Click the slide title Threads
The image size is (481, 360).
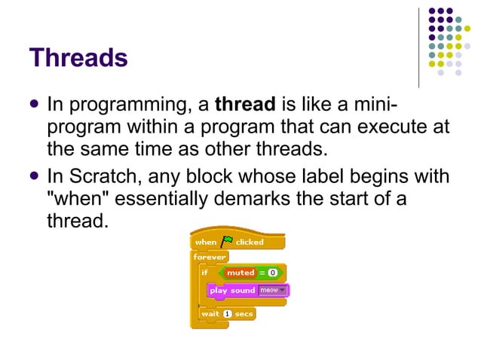pyautogui.click(x=78, y=57)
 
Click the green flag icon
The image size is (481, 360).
pyautogui.click(x=226, y=241)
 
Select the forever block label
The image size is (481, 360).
pyautogui.click(x=209, y=257)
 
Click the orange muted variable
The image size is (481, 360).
pyautogui.click(x=240, y=272)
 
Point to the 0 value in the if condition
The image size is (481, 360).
pyautogui.click(x=272, y=272)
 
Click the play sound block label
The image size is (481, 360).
pyautogui.click(x=232, y=291)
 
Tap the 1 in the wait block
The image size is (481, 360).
pyautogui.click(x=227, y=313)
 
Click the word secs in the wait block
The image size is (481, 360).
pyautogui.click(x=244, y=313)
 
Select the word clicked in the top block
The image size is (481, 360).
pyautogui.click(x=250, y=242)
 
